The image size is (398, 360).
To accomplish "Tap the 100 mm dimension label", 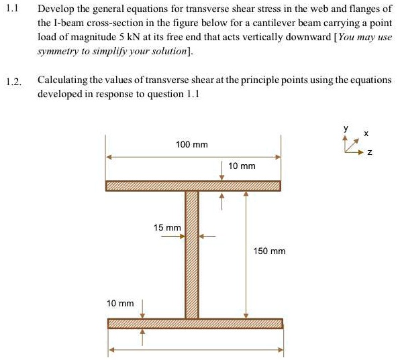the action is pyautogui.click(x=191, y=145).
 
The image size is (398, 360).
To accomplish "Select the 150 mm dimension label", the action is pyautogui.click(x=269, y=251).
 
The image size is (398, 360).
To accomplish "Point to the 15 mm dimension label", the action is pyautogui.click(x=167, y=228).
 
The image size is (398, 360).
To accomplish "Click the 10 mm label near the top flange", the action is pyautogui.click(x=242, y=165).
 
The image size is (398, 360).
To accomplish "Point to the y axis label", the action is pyautogui.click(x=346, y=127).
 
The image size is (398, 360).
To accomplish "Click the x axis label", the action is pyautogui.click(x=366, y=134).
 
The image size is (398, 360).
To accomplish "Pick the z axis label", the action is pyautogui.click(x=368, y=154).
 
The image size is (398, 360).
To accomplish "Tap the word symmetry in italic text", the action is pyautogui.click(x=57, y=50).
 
